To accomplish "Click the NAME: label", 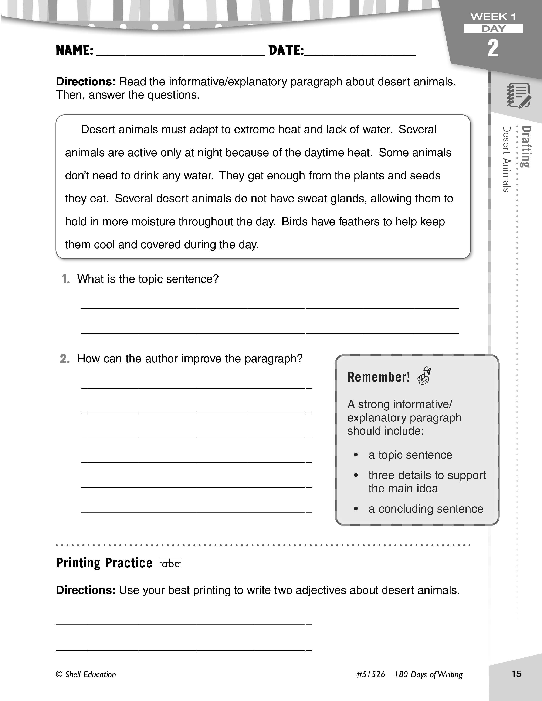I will (x=74, y=50).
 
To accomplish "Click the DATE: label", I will (x=286, y=50).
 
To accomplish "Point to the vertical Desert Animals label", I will (x=506, y=159).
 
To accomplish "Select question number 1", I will (x=66, y=279).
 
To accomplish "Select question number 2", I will (x=65, y=359).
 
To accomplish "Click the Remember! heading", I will (x=379, y=377).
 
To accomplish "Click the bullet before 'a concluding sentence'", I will (x=356, y=509).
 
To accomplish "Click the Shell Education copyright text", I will (x=86, y=674).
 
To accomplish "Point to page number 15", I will (x=516, y=674).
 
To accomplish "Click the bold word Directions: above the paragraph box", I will (x=86, y=82).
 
